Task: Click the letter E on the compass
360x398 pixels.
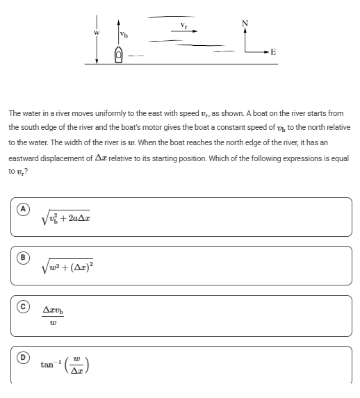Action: (273, 52)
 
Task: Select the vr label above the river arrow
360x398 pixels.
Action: (183, 24)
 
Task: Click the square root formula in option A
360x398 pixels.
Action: (67, 218)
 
